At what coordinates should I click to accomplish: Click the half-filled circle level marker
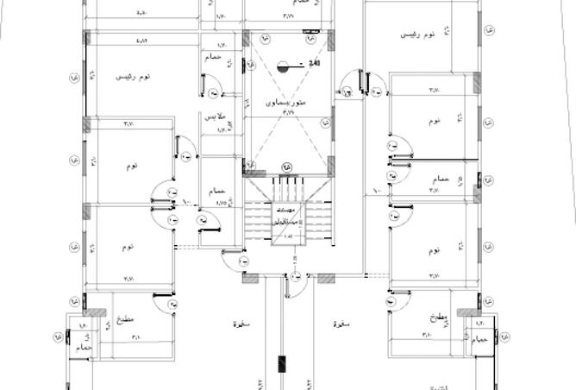[285, 64]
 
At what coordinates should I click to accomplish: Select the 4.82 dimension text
[141, 41]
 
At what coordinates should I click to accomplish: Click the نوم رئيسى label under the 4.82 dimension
[133, 78]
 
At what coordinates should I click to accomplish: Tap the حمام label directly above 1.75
[216, 191]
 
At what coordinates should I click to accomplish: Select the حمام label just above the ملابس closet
[212, 57]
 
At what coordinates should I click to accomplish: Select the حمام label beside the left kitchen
[82, 345]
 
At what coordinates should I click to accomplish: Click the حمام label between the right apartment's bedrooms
[439, 179]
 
